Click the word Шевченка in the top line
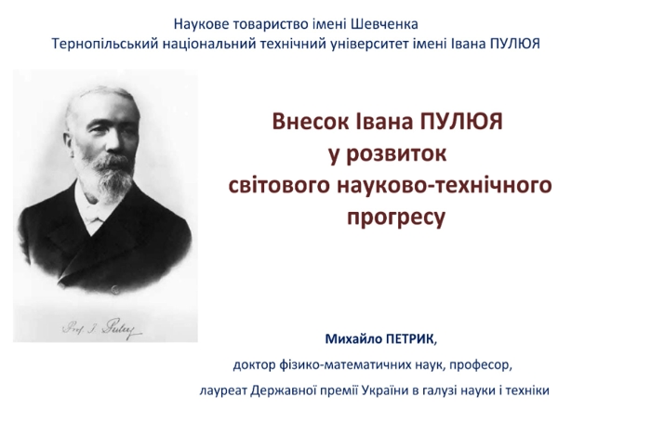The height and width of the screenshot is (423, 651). (x=384, y=24)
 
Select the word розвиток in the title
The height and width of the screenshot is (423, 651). (x=395, y=154)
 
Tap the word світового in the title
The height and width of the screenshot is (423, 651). (x=279, y=185)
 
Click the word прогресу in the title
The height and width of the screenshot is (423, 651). (x=395, y=218)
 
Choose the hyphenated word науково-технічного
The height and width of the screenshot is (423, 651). (x=445, y=185)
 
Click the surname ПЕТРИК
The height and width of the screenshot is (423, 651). (x=411, y=339)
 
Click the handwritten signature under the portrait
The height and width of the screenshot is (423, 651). (x=102, y=329)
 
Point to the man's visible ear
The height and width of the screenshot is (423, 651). (x=70, y=141)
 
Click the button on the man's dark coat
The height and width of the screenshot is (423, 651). (x=115, y=290)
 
